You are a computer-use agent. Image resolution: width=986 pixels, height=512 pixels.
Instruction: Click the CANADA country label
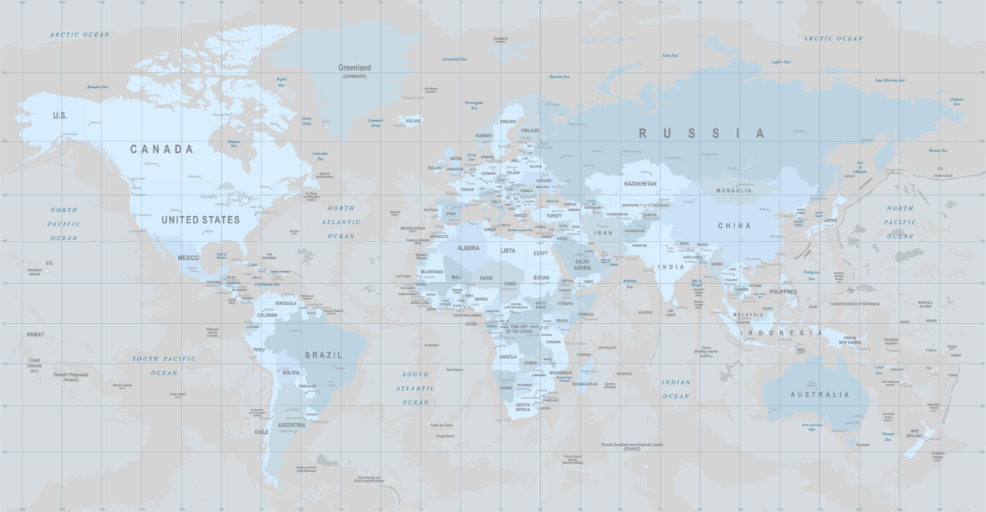pyautogui.click(x=161, y=149)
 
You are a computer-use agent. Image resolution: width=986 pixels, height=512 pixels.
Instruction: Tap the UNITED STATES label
pyautogui.click(x=201, y=220)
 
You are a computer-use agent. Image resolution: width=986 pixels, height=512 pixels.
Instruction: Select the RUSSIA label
pyautogui.click(x=701, y=133)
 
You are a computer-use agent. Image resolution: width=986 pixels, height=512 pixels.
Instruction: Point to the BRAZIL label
pyautogui.click(x=323, y=355)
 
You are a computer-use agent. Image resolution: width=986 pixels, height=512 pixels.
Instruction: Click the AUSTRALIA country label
pyautogui.click(x=819, y=394)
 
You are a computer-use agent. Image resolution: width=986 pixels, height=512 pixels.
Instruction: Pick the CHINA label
pyautogui.click(x=734, y=226)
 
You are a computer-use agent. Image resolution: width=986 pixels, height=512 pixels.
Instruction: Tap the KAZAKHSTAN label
pyautogui.click(x=639, y=184)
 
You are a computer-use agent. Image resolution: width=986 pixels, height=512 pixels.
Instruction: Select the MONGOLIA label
pyautogui.click(x=734, y=191)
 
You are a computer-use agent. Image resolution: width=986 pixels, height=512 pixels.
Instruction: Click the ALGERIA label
pyautogui.click(x=468, y=248)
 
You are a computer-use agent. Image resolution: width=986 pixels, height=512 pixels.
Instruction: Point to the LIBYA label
pyautogui.click(x=508, y=250)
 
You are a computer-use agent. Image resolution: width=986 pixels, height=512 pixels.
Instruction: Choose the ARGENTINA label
pyautogui.click(x=292, y=425)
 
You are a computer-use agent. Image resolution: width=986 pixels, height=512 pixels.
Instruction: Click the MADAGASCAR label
pyautogui.click(x=585, y=385)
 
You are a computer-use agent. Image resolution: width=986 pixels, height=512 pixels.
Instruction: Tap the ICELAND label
pyautogui.click(x=413, y=121)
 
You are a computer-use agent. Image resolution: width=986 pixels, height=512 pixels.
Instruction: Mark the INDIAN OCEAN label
pyautogui.click(x=676, y=389)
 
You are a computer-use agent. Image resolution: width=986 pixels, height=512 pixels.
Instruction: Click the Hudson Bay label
pyautogui.click(x=234, y=144)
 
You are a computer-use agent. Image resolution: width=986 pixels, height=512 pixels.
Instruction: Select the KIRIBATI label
pyautogui.click(x=35, y=335)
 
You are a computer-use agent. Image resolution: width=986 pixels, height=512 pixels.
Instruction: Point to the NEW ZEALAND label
pyautogui.click(x=915, y=432)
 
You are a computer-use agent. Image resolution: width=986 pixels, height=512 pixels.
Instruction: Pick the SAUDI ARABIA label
pyautogui.click(x=582, y=265)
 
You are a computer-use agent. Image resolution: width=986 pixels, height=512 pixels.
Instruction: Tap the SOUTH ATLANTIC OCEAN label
pyautogui.click(x=416, y=388)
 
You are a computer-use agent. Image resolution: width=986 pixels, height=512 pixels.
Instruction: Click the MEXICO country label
pyautogui.click(x=188, y=258)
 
